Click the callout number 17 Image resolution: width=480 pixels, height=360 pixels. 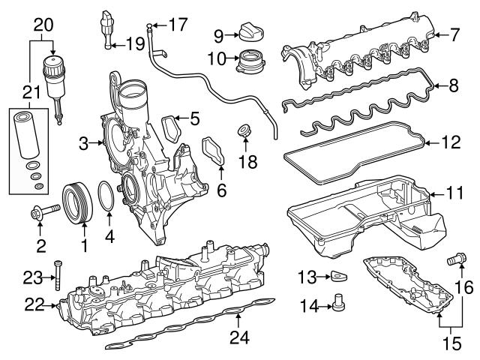point(178,25)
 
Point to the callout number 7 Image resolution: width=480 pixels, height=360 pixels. point(454,34)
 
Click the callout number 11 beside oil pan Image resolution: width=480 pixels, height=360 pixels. point(454,193)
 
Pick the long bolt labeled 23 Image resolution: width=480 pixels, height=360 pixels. point(57,276)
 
